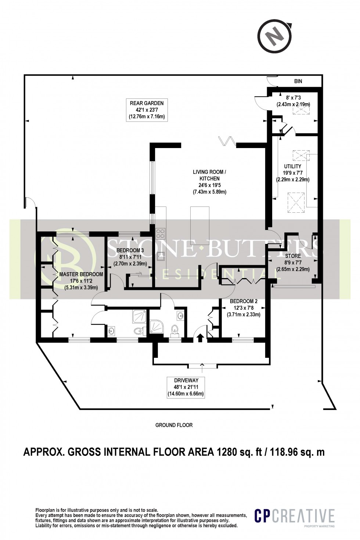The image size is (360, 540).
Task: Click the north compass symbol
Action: (x=276, y=36)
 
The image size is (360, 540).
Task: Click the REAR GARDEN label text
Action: (x=146, y=102)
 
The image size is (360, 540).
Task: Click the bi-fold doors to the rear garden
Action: (x=227, y=141)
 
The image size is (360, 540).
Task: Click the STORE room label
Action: (x=293, y=256)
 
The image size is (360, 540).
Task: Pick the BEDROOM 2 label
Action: (x=242, y=302)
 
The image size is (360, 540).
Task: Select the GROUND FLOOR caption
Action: (x=174, y=425)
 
